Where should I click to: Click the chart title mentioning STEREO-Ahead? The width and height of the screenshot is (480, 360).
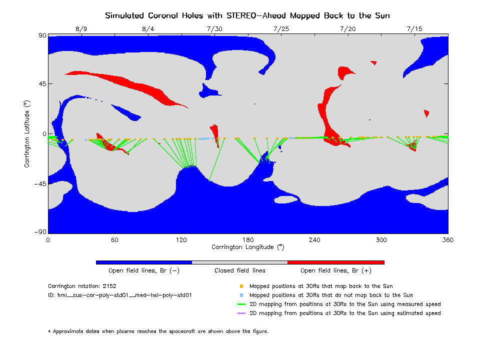click(247, 15)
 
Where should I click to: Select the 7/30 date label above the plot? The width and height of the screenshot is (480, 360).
click(214, 29)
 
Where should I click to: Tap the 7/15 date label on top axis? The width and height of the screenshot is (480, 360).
click(414, 29)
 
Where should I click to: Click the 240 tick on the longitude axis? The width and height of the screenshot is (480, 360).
click(314, 240)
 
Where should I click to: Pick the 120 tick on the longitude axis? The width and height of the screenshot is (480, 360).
click(181, 240)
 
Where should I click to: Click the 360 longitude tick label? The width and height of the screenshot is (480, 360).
click(447, 240)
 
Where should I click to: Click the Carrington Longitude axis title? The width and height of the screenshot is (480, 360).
click(247, 247)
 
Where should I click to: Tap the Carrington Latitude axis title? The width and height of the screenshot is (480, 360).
click(28, 133)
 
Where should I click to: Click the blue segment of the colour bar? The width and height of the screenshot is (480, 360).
click(143, 262)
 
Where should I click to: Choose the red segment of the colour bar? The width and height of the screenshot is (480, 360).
click(335, 262)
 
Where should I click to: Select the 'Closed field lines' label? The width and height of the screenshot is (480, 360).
click(240, 271)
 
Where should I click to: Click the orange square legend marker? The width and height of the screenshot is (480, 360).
click(241, 286)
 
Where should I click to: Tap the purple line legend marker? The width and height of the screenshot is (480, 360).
click(241, 313)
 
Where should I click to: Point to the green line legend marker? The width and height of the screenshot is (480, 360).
click(241, 304)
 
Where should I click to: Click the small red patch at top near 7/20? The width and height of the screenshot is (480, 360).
click(373, 62)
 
